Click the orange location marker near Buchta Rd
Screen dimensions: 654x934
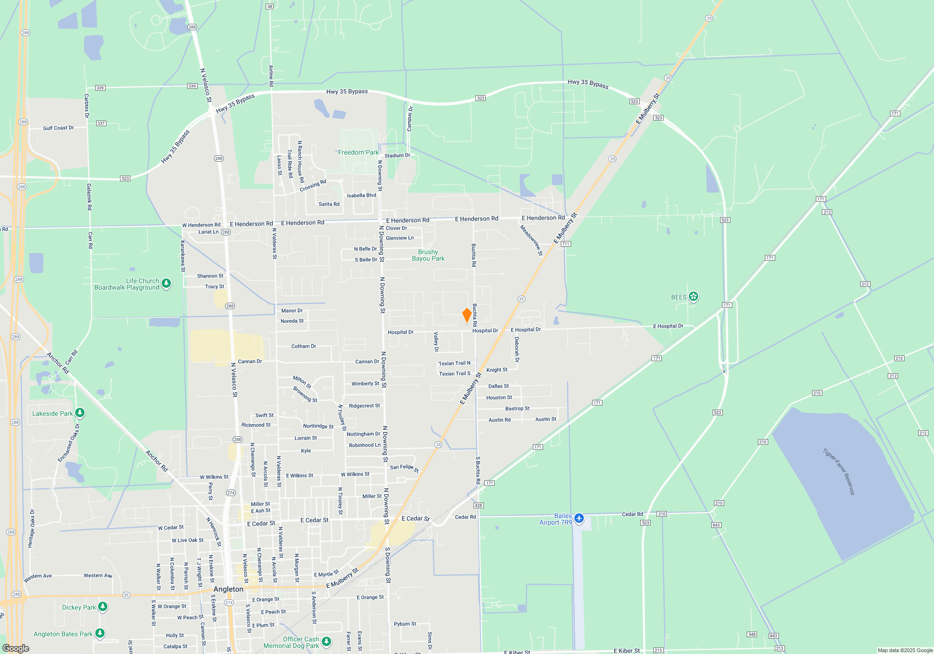click(x=467, y=315)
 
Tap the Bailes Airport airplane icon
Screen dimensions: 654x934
click(x=579, y=518)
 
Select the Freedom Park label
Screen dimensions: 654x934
click(x=358, y=153)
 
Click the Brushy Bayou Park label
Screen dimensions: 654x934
click(x=428, y=256)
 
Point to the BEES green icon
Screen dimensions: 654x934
click(x=693, y=296)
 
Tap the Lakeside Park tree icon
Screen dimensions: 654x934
click(x=80, y=412)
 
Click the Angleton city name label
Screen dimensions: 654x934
click(x=228, y=589)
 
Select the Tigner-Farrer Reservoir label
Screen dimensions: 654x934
click(x=839, y=472)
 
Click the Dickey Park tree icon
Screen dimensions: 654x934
click(x=103, y=606)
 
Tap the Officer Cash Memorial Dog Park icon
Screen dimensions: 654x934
click(x=326, y=641)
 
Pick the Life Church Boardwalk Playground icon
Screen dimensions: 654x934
click(x=166, y=283)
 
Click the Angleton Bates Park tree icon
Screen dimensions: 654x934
click(x=100, y=633)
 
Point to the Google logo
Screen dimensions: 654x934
click(x=16, y=648)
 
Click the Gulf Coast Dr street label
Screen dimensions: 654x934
click(x=58, y=128)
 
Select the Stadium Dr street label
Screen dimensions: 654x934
click(x=397, y=156)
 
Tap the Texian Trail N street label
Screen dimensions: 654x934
click(x=454, y=363)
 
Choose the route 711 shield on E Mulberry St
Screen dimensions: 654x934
click(x=566, y=244)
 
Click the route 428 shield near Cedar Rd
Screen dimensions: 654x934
click(x=478, y=505)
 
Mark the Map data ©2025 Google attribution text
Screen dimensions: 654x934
click(x=905, y=650)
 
